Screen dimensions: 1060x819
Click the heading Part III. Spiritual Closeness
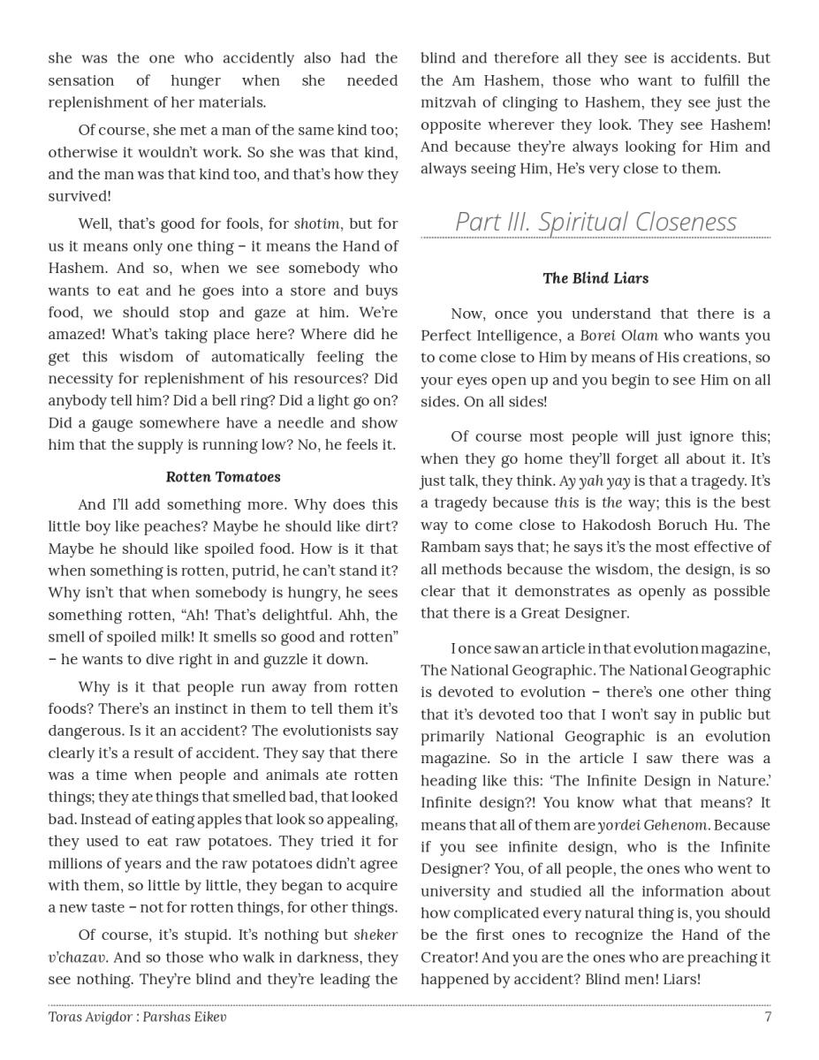(595, 222)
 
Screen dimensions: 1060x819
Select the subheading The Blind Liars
(595, 278)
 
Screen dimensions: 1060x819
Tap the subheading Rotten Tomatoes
(223, 477)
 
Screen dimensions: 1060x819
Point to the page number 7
(768, 1017)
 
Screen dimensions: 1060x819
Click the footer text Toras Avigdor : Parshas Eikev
(137, 1017)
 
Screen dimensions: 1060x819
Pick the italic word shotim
(316, 224)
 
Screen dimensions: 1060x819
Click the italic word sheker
(375, 935)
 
